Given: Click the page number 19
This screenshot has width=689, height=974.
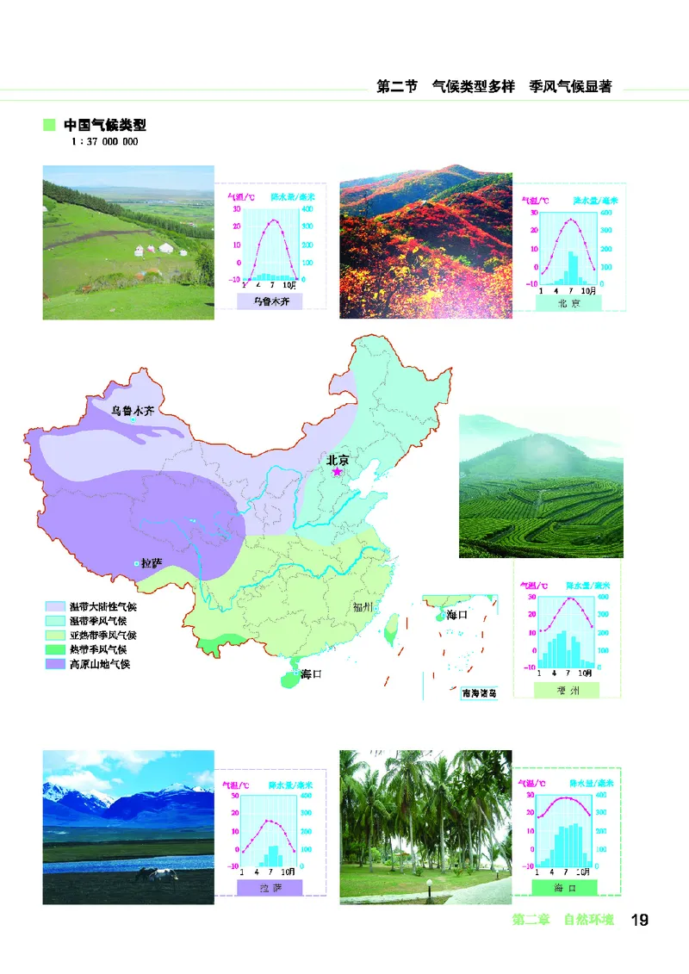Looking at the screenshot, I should pos(639,920).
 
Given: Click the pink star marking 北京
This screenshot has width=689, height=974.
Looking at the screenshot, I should pos(338,472).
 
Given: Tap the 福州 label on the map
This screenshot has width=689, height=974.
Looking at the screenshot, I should pos(362,607).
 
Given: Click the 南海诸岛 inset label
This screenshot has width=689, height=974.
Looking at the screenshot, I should pos(479,692).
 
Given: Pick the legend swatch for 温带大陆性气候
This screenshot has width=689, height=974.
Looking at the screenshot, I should pos(56,607).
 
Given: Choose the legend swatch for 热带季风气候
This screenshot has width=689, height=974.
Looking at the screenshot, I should pos(56,649).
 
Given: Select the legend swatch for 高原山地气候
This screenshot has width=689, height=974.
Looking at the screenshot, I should pos(56,664).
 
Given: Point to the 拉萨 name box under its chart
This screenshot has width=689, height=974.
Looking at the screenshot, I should pos(270,888).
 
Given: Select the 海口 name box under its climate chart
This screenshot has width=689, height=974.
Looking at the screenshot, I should pos(565,888).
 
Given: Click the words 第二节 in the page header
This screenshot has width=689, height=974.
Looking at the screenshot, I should pos(397,87).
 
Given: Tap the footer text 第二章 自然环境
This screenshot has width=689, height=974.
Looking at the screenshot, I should pos(563,920).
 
